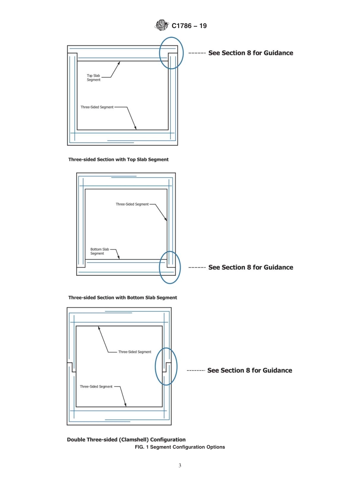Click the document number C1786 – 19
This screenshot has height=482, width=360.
(189, 26)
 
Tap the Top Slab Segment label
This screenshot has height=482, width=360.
(94, 78)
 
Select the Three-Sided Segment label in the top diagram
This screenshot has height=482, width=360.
(97, 107)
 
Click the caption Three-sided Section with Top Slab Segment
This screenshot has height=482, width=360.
(118, 160)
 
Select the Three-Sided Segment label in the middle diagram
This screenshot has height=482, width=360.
(132, 204)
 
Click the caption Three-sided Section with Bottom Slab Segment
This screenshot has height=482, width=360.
(122, 297)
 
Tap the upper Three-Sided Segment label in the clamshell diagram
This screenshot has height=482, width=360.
(135, 352)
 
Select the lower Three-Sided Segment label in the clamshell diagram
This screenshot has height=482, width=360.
(96, 387)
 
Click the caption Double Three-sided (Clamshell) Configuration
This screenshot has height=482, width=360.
(126, 440)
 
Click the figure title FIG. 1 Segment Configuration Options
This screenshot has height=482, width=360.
(180, 447)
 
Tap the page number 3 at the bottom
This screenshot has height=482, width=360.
(180, 466)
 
